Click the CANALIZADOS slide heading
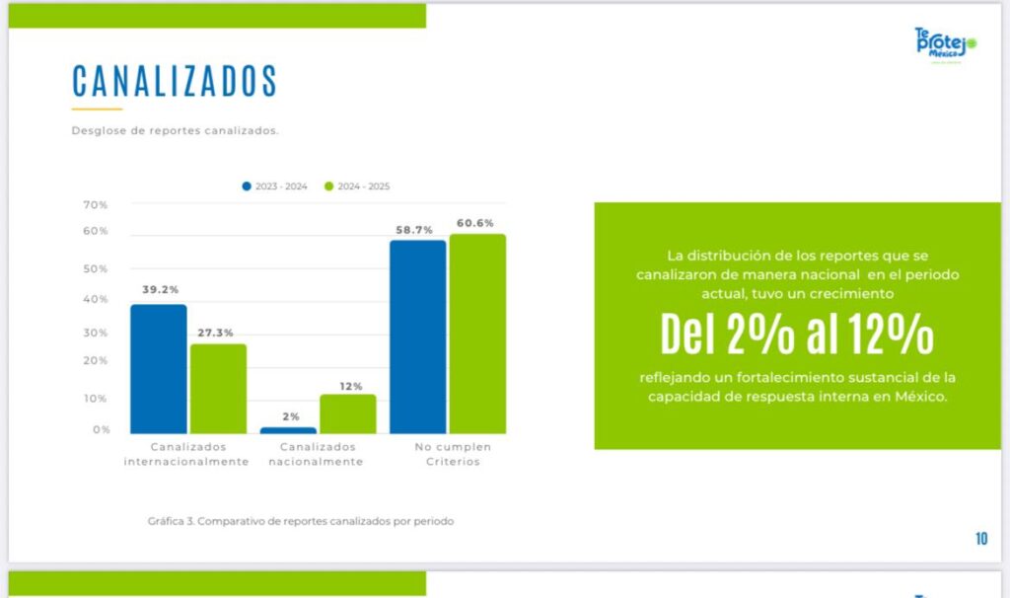click(175, 80)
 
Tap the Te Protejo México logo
click(944, 46)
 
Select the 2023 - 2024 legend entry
click(275, 187)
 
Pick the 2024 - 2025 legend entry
click(358, 187)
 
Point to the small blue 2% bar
click(288, 430)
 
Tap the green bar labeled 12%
click(347, 413)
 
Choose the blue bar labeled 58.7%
click(417, 336)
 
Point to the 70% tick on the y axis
click(96, 205)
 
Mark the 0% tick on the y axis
click(102, 430)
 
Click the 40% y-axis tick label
click(96, 299)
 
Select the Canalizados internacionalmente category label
click(185, 454)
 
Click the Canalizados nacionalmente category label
click(315, 454)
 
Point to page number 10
click(981, 539)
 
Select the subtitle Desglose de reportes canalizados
click(180, 130)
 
